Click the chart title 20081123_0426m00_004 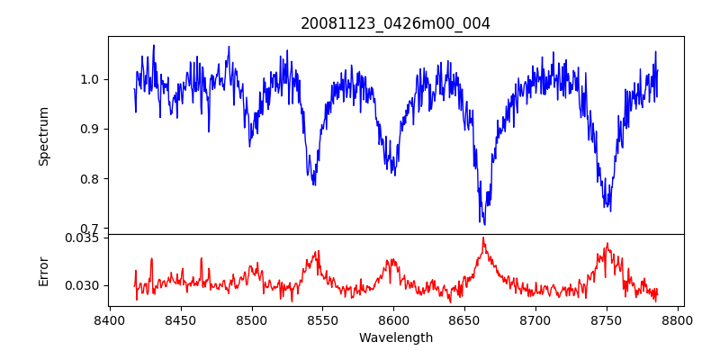pyautogui.click(x=396, y=23)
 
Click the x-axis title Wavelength pyautogui.click(x=396, y=337)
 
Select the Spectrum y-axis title pyautogui.click(x=44, y=136)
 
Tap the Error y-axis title pyautogui.click(x=44, y=270)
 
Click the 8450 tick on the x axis pyautogui.click(x=181, y=319)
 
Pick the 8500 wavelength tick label pyautogui.click(x=252, y=319)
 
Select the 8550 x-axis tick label pyautogui.click(x=323, y=319)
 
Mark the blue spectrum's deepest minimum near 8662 pyautogui.click(x=483, y=223)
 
